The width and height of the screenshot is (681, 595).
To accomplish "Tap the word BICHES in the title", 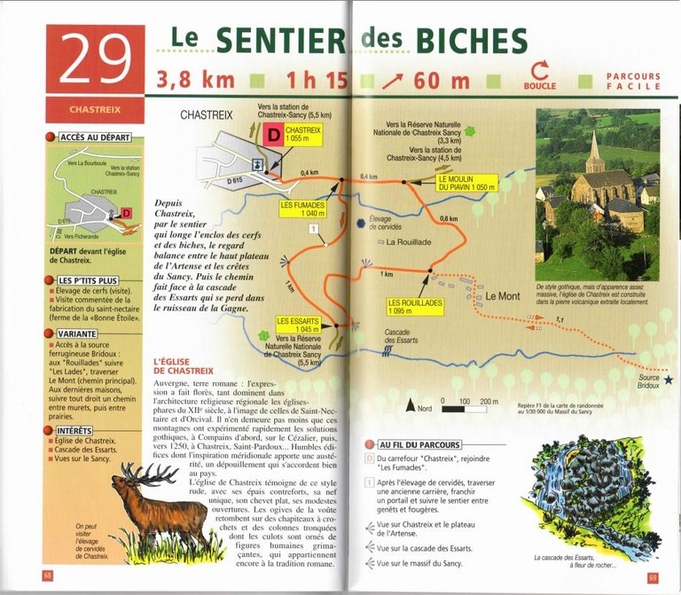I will click(467, 40).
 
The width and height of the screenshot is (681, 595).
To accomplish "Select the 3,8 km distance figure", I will click(196, 79).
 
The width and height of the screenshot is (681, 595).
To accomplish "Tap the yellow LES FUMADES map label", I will click(301, 208).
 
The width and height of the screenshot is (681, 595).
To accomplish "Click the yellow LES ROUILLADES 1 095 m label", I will click(415, 306).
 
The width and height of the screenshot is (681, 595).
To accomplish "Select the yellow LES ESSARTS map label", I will click(297, 325).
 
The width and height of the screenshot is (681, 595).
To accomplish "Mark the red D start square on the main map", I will click(274, 135).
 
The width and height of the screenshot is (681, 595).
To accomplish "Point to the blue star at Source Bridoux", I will click(669, 380).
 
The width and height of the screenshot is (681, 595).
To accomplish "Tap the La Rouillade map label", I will click(409, 241).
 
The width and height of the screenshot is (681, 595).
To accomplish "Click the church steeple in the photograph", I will click(592, 146).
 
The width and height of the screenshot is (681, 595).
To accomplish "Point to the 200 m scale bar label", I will click(489, 402).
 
